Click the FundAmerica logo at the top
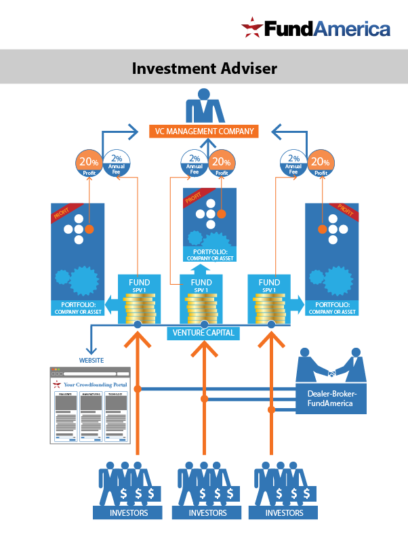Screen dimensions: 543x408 pyautogui.click(x=316, y=28)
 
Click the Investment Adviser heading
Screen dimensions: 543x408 pyautogui.click(x=204, y=68)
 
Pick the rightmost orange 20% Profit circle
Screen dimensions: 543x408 pyautogui.click(x=321, y=163)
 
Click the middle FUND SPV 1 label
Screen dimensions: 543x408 pyautogui.click(x=201, y=285)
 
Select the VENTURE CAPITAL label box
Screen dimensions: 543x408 pyautogui.click(x=203, y=333)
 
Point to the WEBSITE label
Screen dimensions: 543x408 pyautogui.click(x=91, y=360)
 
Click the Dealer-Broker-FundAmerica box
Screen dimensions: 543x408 pyautogui.click(x=330, y=398)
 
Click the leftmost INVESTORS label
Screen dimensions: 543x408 pyautogui.click(x=128, y=513)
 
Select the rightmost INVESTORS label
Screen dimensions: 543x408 pyautogui.click(x=284, y=513)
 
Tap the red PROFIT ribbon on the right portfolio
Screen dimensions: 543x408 pyautogui.click(x=346, y=212)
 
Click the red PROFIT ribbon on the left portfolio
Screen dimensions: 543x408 pyautogui.click(x=64, y=213)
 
